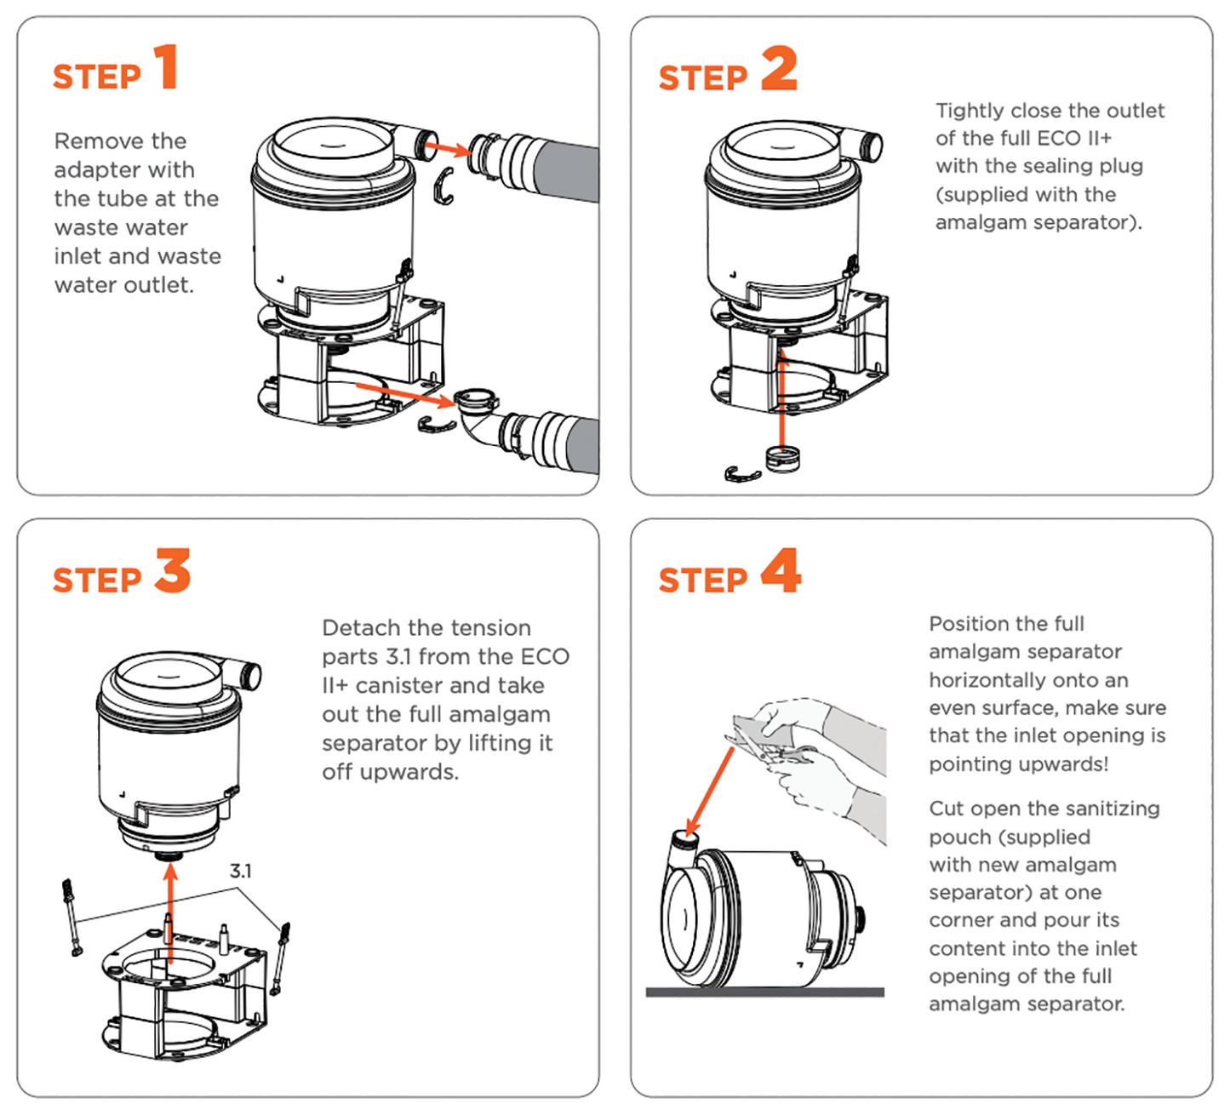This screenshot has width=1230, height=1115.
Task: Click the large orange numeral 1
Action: [x=167, y=67]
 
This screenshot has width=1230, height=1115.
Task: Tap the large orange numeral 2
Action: [x=779, y=69]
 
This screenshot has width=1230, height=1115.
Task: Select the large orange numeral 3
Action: [x=173, y=571]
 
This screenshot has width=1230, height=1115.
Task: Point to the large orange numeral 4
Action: [x=781, y=571]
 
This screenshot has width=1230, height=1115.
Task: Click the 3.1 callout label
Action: [x=241, y=871]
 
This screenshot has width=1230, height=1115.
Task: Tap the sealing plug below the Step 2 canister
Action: [x=783, y=459]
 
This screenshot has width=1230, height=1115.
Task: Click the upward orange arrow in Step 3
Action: [x=170, y=911]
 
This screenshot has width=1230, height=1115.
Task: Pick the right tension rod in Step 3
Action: [x=280, y=958]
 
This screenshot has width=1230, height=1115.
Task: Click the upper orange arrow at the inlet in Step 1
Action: [x=448, y=149]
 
